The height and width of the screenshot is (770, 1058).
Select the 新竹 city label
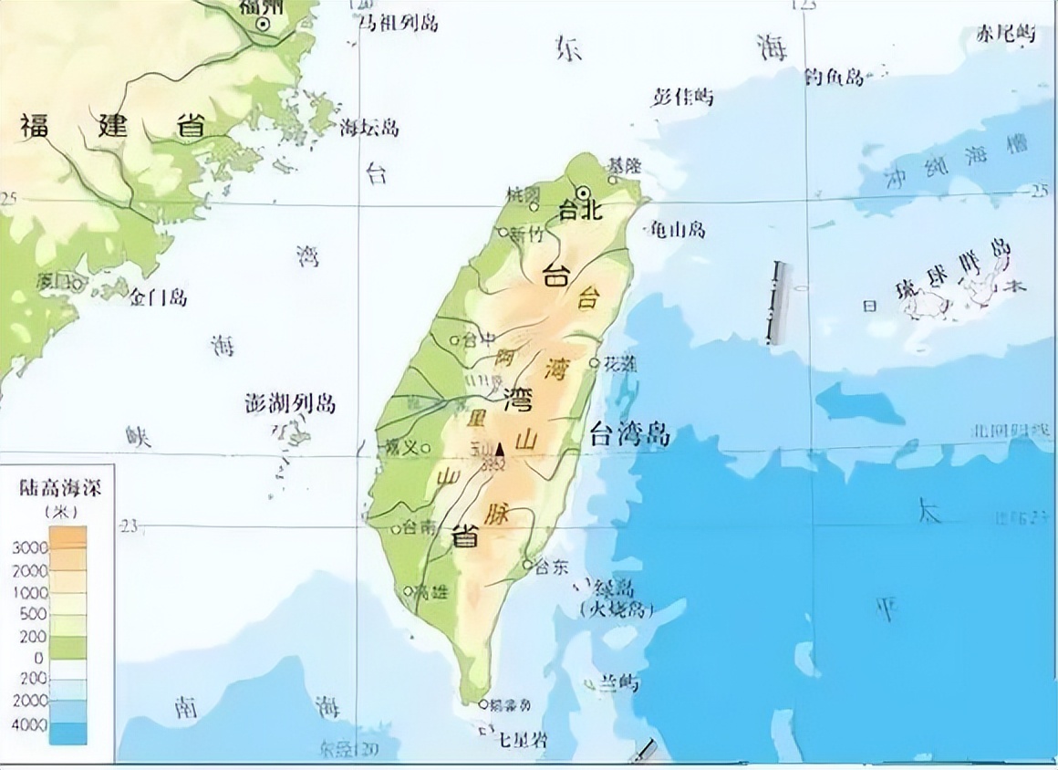(526, 234)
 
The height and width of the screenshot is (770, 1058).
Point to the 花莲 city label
(619, 363)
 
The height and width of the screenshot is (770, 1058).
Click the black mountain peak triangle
(499, 448)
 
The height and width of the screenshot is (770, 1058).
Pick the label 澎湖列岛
(291, 403)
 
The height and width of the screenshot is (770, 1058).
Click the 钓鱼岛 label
(834, 78)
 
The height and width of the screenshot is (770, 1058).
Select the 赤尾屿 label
(1007, 35)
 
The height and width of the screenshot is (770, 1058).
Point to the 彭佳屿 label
(683, 98)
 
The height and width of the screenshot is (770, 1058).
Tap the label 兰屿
(618, 683)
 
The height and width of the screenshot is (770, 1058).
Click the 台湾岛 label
(629, 434)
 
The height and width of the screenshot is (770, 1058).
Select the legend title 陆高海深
(60, 488)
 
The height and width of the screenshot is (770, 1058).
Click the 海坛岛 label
(368, 128)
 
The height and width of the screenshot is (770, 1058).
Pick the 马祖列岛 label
(398, 23)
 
